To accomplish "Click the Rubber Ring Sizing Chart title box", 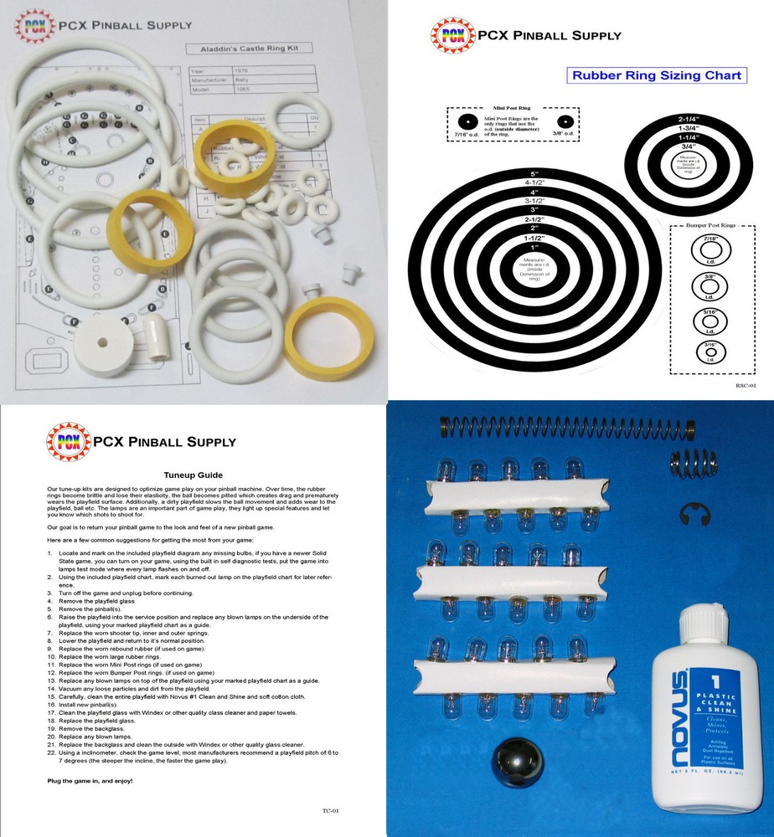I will click(656, 75).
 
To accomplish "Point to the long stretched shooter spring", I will click(552, 427).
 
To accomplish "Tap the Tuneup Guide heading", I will click(194, 472).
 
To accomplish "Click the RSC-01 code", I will click(746, 387).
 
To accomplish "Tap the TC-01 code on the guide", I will click(330, 810).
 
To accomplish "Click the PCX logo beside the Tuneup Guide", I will click(69, 442).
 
